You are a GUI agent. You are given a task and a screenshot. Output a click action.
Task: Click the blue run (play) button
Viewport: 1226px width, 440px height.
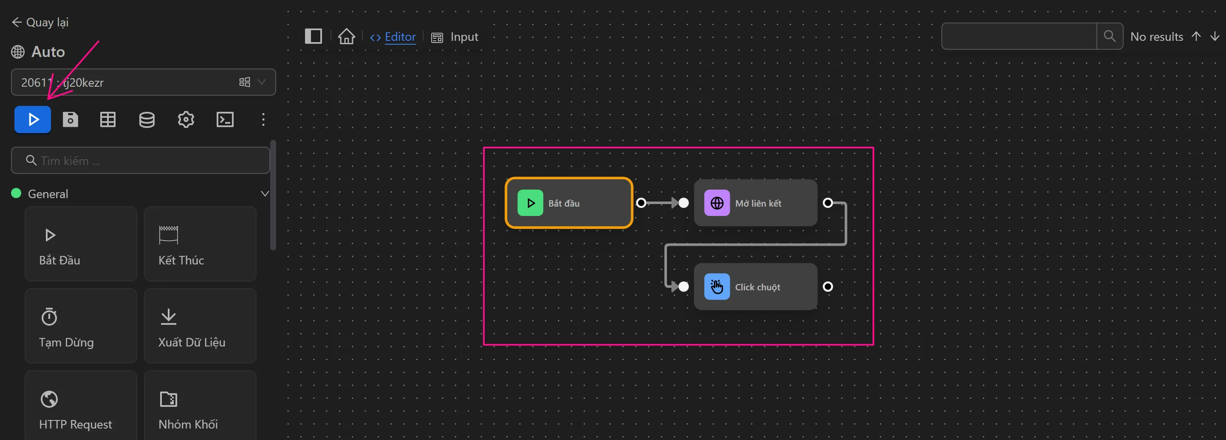point(32,119)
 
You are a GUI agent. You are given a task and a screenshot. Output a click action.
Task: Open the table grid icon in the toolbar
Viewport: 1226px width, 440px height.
point(108,119)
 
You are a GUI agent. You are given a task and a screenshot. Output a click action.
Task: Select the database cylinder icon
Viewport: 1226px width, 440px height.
point(147,119)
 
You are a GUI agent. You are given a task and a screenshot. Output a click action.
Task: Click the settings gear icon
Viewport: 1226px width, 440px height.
point(186,119)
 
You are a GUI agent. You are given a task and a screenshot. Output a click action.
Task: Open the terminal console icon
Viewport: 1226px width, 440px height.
point(225,119)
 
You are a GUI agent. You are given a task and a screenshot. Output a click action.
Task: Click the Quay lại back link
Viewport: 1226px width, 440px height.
point(40,23)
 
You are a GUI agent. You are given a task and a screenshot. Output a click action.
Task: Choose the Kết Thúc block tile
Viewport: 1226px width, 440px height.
point(200,244)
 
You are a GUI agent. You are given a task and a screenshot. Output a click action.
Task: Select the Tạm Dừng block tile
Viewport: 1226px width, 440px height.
point(81,326)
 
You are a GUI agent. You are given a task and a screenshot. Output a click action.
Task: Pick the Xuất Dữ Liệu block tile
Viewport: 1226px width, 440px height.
point(200,326)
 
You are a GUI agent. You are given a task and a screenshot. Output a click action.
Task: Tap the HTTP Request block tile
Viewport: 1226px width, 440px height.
point(81,407)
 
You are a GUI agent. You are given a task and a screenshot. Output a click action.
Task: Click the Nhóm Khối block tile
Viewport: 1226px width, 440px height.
point(200,407)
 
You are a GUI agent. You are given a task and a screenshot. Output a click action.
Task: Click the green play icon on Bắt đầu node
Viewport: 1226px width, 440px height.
point(530,203)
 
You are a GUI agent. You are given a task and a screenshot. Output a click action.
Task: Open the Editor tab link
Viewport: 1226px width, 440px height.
point(399,37)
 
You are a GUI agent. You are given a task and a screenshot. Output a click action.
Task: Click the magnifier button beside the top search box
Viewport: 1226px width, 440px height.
point(1110,36)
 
